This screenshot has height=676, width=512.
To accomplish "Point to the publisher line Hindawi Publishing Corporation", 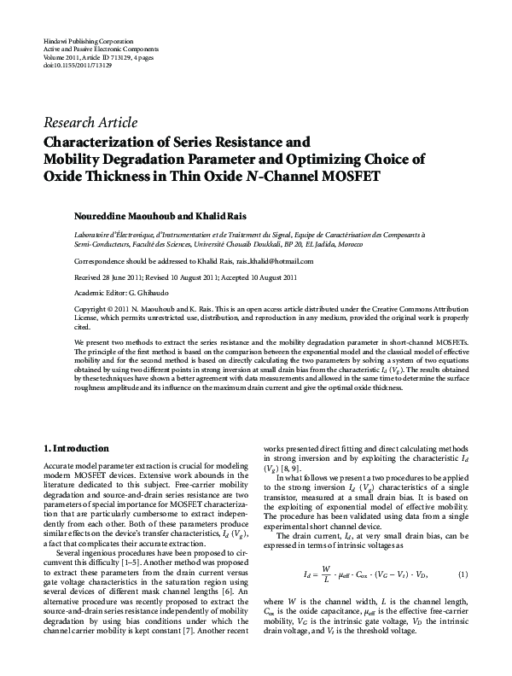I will click(x=87, y=41).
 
